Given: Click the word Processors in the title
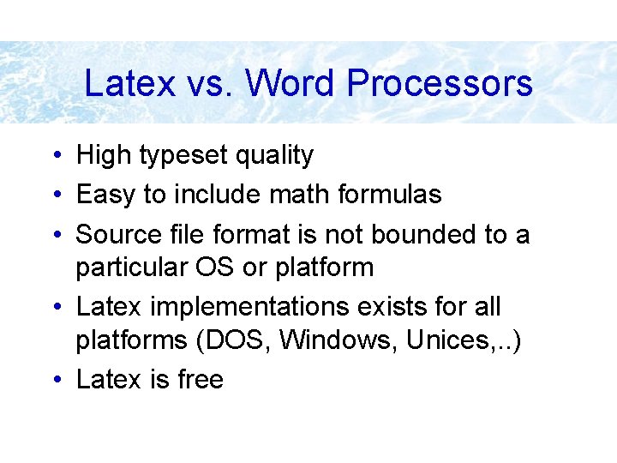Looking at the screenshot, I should [440, 84].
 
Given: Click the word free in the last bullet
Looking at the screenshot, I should [201, 380].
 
